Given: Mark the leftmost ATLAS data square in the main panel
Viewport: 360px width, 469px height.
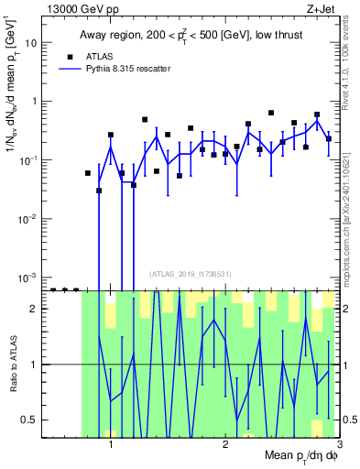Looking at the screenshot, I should coord(88,173).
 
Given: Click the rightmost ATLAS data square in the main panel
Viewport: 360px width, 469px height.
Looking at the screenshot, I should coord(329,139).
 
